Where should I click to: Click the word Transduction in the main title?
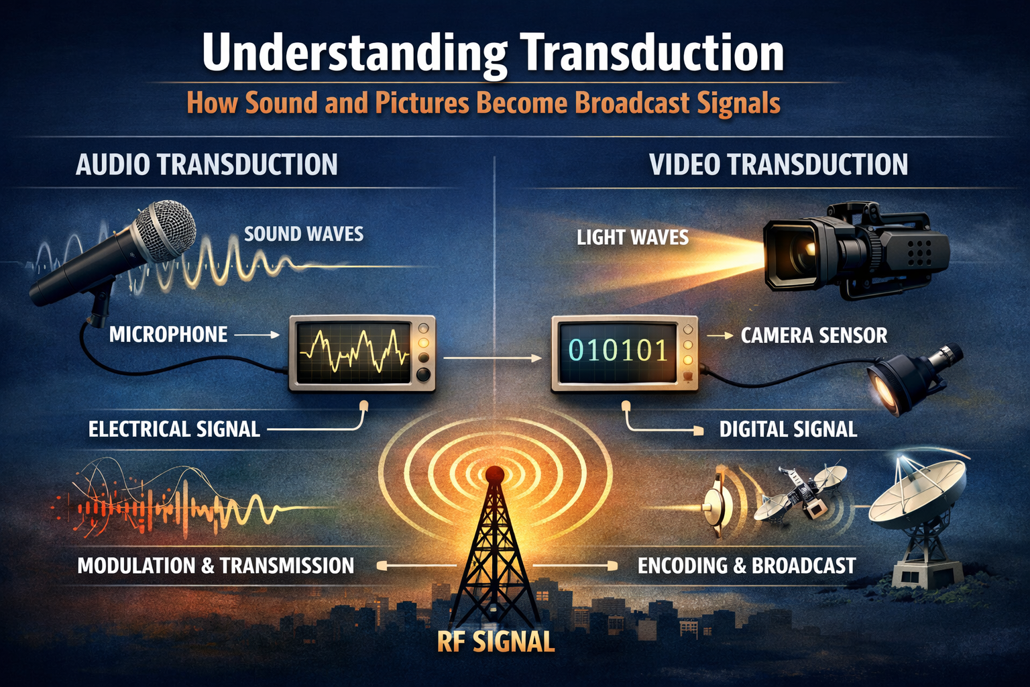click(x=652, y=54)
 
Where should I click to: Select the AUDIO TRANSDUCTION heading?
click(x=207, y=165)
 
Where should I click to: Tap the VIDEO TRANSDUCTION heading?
click(x=779, y=165)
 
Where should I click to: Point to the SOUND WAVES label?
click(x=304, y=234)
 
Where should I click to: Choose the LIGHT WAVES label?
click(x=632, y=237)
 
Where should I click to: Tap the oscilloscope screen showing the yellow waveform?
click(x=353, y=352)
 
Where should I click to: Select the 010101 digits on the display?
click(x=618, y=351)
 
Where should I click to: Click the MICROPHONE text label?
click(x=168, y=335)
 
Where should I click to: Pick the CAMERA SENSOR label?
click(x=813, y=335)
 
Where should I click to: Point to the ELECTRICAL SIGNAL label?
click(x=174, y=429)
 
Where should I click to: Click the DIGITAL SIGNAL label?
click(x=788, y=429)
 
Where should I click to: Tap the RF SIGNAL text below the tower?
click(x=496, y=642)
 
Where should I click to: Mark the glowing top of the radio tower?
click(x=494, y=475)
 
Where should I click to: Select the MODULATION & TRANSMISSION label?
click(x=215, y=566)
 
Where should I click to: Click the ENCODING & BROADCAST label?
click(x=746, y=566)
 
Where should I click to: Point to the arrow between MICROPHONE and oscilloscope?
click(x=257, y=335)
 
